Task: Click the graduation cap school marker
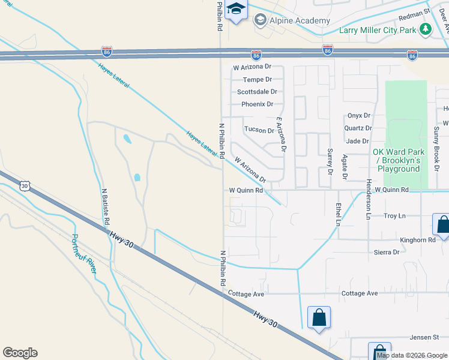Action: tap(237, 10)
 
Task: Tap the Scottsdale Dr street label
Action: tap(257, 92)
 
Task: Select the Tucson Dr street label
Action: tap(259, 130)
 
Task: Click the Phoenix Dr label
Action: tap(257, 104)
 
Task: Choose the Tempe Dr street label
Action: tap(257, 79)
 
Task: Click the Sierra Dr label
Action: tap(387, 253)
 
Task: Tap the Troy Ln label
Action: tap(394, 215)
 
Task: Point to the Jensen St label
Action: tap(425, 338)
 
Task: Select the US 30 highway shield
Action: tap(25, 186)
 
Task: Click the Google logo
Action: tap(20, 353)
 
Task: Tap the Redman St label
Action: tap(418, 11)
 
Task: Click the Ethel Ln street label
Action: tap(339, 214)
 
